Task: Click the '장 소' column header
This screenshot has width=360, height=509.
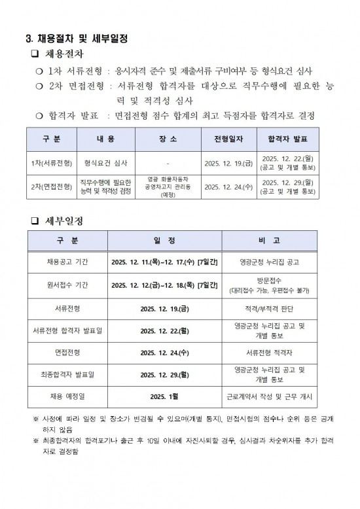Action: click(x=168, y=139)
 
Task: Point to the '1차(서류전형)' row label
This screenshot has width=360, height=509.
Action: click(x=51, y=162)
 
